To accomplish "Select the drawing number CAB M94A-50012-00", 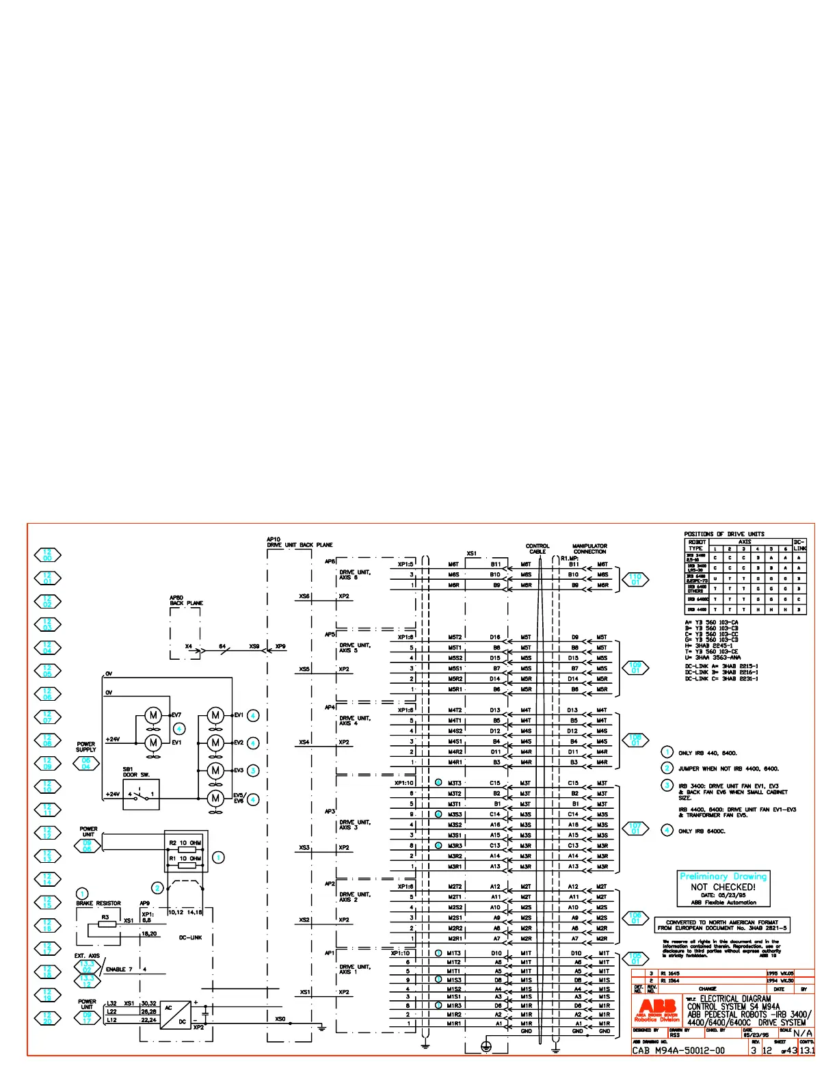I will [678, 1050].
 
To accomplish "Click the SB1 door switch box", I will [142, 794].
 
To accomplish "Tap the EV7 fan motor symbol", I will [153, 715].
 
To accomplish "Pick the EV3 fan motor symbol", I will [215, 771].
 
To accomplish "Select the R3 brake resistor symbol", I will [107, 924].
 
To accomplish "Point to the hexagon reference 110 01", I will [635, 580].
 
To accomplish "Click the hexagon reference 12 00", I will [47, 555].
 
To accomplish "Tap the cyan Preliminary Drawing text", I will [723, 876].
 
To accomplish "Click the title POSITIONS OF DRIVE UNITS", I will [724, 534].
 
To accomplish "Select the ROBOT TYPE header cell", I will [696, 545].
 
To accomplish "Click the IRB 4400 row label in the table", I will [697, 609].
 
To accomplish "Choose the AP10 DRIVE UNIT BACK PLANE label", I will [300, 542].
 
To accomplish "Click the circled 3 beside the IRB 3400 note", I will [667, 785].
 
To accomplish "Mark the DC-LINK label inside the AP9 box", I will [190, 937].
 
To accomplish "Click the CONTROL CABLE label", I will [537, 548].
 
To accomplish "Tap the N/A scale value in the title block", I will [803, 1033].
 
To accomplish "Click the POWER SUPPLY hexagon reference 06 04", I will [86, 764].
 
